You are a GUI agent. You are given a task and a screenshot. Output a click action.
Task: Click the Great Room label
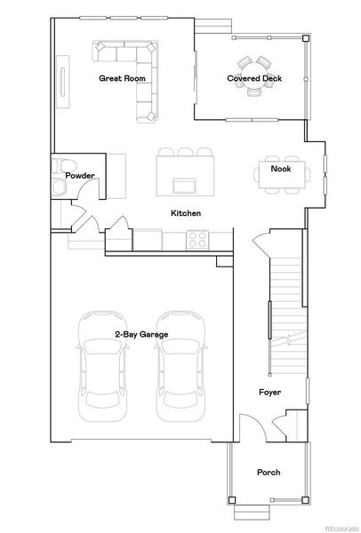[122, 78]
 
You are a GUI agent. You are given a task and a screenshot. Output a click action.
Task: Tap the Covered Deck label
[254, 78]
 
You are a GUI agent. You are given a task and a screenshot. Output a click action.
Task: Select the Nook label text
[281, 168]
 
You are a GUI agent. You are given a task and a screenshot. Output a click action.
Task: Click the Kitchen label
[186, 213]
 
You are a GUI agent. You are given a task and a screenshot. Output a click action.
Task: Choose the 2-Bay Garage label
[141, 334]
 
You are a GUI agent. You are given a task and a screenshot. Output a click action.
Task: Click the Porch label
[269, 472]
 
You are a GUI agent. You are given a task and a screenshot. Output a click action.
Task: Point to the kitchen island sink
[186, 185]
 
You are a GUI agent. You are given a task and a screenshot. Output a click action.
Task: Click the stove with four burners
[197, 238]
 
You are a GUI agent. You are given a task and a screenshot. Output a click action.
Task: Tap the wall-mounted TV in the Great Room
[63, 76]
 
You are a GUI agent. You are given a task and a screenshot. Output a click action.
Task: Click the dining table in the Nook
[282, 173]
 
